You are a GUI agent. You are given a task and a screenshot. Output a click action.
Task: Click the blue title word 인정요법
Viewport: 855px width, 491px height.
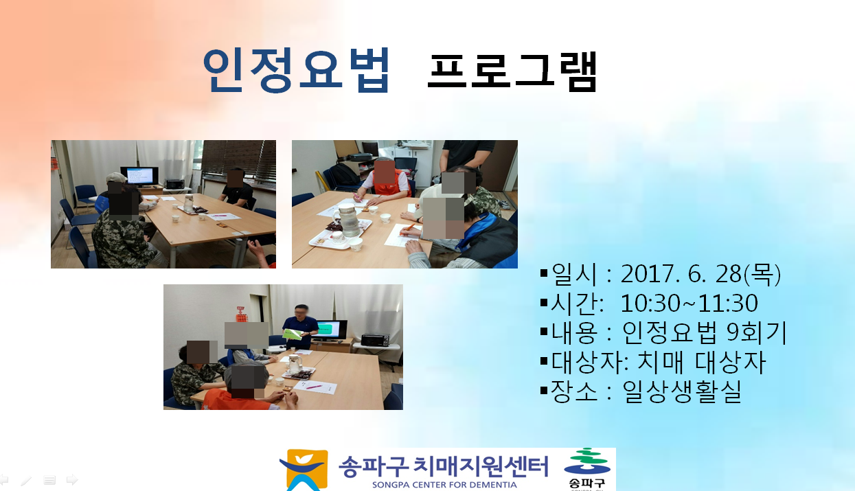[296, 70]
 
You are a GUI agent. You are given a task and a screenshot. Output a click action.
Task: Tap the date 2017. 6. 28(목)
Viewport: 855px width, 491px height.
[700, 274]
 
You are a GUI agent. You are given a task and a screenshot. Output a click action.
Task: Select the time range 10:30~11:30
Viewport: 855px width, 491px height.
[689, 303]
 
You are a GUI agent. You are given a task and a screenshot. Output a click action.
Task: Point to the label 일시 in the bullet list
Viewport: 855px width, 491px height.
[574, 274]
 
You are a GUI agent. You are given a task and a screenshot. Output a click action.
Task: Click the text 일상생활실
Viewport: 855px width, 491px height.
[682, 391]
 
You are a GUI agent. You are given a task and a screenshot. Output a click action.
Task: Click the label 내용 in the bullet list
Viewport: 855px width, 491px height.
[574, 332]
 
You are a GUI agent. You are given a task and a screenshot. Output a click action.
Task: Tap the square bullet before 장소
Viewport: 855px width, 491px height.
[545, 391]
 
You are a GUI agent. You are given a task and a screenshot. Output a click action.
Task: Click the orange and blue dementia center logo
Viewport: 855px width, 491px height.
[304, 470]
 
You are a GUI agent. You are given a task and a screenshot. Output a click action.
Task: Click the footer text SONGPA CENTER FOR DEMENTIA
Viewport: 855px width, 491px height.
[444, 485]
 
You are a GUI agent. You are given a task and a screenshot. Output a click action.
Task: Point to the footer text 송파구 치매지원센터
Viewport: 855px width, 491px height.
[444, 466]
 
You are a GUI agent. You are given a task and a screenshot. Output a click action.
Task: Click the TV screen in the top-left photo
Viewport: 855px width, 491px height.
[139, 176]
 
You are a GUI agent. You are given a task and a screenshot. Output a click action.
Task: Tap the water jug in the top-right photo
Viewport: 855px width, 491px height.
[348, 220]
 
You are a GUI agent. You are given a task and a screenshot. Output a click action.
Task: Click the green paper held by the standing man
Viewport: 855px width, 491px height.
[292, 334]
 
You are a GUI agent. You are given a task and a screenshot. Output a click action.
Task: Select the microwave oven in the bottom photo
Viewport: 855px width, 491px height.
[375, 339]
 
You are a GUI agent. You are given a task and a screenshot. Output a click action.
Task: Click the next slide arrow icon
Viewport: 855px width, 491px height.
[72, 479]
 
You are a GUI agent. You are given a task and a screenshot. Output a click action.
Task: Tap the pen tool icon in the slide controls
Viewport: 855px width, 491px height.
[26, 480]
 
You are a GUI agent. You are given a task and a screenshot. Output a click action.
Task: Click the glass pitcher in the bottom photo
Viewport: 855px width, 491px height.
[295, 364]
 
